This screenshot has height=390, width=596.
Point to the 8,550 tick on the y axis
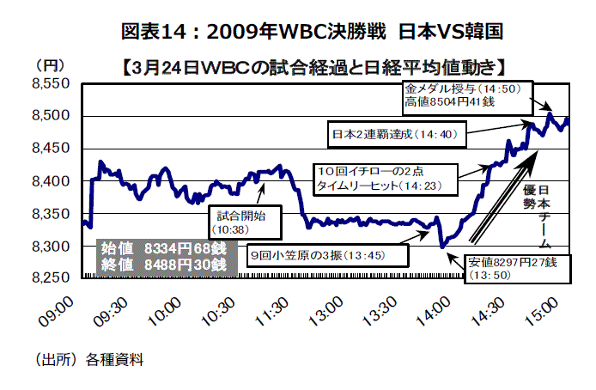[x=50, y=83]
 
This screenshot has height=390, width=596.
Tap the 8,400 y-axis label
[x=50, y=181]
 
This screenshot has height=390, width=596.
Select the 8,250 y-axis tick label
[x=50, y=278]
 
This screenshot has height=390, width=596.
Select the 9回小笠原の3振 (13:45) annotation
[x=326, y=254]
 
